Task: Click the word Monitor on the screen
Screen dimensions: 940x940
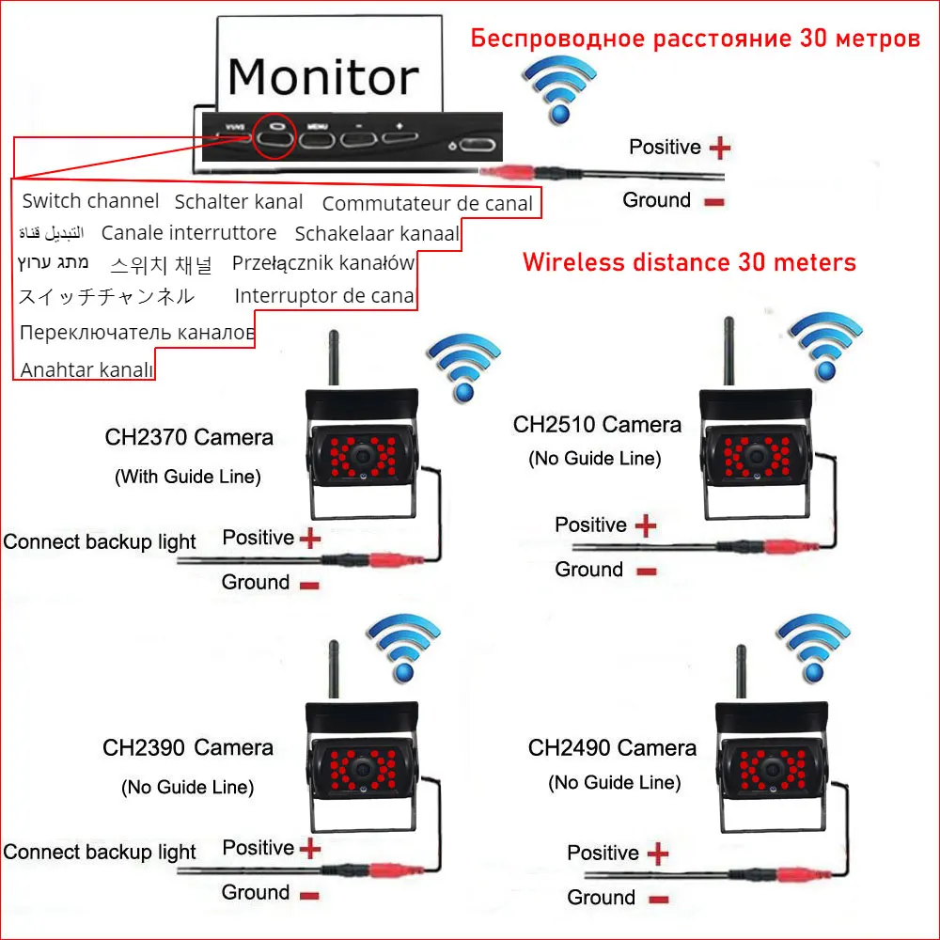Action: [322, 76]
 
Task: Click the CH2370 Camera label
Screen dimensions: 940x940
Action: [189, 437]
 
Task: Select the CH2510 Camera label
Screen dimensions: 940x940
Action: [597, 425]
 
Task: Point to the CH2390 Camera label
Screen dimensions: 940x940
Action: [188, 748]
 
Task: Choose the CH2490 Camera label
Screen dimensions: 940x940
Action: [612, 748]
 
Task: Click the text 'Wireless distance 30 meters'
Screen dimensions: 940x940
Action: [689, 262]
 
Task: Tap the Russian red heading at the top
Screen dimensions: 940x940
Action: [695, 39]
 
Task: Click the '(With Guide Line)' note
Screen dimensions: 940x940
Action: [188, 477]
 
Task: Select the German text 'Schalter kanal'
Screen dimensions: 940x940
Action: [239, 201]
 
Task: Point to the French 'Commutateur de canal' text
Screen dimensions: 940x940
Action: [427, 204]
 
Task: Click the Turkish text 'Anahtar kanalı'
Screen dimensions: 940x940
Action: [86, 369]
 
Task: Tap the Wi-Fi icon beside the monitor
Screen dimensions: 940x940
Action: [561, 89]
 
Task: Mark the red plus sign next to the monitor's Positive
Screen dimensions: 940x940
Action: [719, 148]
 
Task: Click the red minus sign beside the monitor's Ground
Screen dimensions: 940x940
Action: [713, 201]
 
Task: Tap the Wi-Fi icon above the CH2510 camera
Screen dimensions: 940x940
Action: [824, 343]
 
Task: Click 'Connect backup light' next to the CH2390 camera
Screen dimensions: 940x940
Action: [100, 853]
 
